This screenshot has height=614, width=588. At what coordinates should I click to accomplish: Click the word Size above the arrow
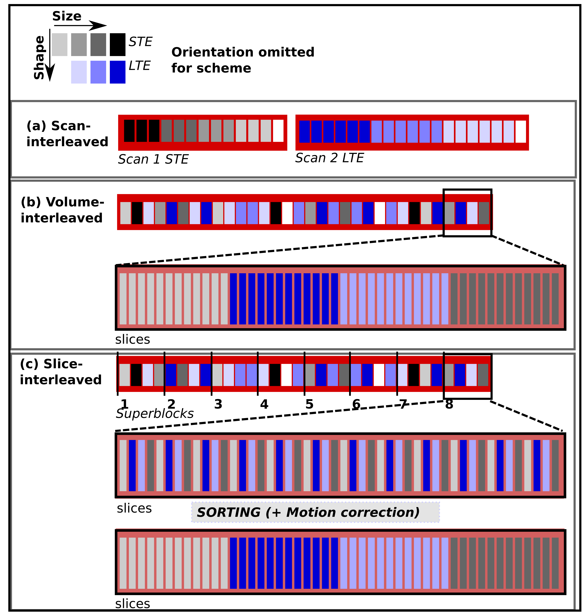coord(67,16)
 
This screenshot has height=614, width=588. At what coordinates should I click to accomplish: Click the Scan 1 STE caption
coord(153,160)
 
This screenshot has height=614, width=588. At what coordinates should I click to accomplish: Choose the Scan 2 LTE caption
coord(329,158)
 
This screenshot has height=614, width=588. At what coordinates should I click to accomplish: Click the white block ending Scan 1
coord(278,131)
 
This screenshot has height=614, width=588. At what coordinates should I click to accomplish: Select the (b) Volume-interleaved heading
coord(62,210)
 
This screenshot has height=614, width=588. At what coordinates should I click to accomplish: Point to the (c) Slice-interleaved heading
coord(61,372)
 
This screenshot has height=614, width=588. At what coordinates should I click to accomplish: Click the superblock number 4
coord(264,404)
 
